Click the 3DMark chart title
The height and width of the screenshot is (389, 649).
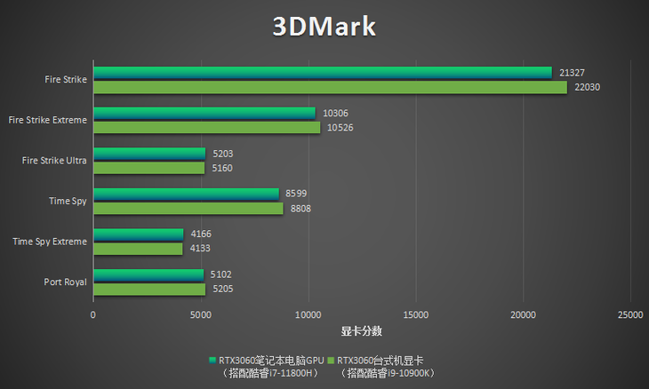(324, 27)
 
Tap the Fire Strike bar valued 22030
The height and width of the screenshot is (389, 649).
(330, 87)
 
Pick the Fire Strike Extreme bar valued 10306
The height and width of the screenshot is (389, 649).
(204, 113)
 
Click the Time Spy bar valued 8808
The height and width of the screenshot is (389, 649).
(188, 209)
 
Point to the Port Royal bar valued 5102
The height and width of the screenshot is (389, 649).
(148, 274)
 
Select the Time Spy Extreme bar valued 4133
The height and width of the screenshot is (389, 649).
(137, 249)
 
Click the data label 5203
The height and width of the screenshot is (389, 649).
(221, 154)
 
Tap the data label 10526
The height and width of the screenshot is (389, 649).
(340, 128)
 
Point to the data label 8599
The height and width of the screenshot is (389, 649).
(295, 194)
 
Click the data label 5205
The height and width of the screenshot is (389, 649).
(222, 290)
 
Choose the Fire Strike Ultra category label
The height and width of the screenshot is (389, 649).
(54, 160)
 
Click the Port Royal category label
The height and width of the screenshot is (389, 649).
(65, 282)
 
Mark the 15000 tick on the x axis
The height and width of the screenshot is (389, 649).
(415, 315)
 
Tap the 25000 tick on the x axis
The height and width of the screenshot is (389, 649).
(630, 315)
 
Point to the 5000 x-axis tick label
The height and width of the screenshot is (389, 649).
(200, 315)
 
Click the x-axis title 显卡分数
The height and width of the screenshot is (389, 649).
(361, 331)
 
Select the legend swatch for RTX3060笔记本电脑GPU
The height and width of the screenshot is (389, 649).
(212, 361)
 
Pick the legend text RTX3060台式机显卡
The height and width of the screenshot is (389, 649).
(380, 361)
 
